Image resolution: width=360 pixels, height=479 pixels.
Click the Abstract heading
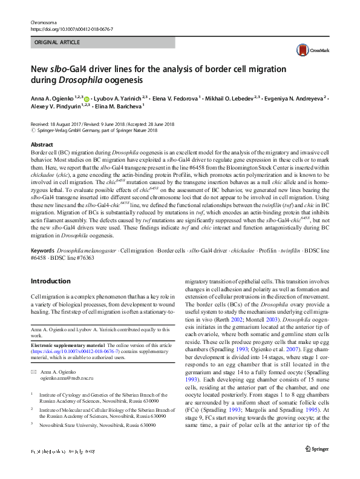coord(42,145)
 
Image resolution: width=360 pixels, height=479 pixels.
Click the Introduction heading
coord(50,281)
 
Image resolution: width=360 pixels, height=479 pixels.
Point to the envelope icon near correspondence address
coord(34,370)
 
